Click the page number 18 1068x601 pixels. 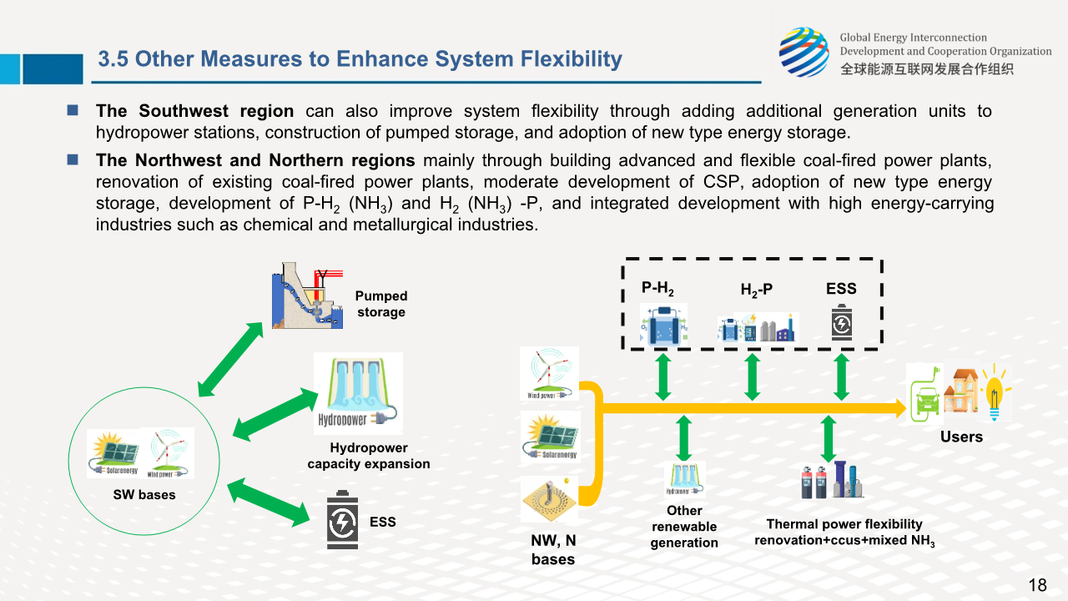tap(1037, 584)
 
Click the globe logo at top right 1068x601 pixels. tap(804, 52)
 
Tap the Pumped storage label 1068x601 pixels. tap(380, 304)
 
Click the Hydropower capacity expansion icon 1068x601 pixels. tap(358, 393)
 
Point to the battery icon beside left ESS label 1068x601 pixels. tap(342, 519)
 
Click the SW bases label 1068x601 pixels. tap(144, 495)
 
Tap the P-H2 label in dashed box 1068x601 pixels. tap(657, 289)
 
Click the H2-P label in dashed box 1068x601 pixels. tap(757, 290)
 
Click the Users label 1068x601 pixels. tap(961, 437)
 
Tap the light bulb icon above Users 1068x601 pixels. tap(995, 391)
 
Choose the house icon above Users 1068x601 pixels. tap(961, 391)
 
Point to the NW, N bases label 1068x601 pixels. tap(553, 550)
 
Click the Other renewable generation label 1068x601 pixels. tap(684, 527)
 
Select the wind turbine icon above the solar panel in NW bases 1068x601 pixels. tap(549, 373)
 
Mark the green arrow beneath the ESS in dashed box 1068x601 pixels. tap(841, 376)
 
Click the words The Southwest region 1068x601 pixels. tap(194, 111)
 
